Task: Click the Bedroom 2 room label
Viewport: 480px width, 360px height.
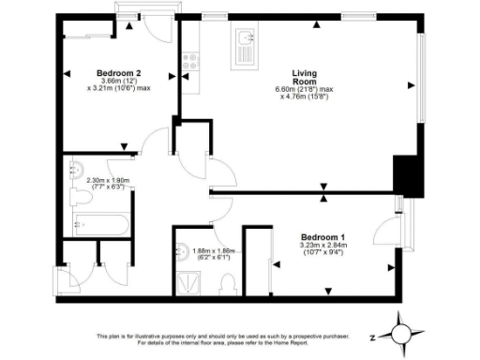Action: [x=119, y=73]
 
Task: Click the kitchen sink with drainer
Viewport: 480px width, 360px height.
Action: [x=246, y=45]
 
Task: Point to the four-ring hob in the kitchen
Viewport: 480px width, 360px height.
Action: [x=190, y=62]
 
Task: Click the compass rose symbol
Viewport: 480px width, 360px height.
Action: [x=400, y=333]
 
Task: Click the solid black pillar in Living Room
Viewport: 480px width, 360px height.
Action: [x=404, y=172]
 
